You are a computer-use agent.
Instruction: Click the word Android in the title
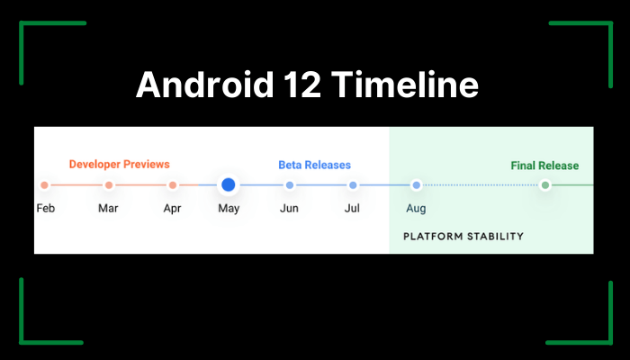205,84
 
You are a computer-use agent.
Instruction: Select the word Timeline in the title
405,84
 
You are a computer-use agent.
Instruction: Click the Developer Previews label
120,165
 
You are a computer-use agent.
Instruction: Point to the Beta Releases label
315,165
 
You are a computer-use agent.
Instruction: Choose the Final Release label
544,166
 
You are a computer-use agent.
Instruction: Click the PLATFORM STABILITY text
463,236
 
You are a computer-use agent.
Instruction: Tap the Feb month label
45,208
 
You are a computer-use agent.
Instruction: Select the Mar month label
108,208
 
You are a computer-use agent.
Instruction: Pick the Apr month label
173,209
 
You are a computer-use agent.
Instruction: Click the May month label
229,209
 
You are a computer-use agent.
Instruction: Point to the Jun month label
289,208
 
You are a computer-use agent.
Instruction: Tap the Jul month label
352,208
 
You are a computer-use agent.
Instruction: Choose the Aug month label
416,209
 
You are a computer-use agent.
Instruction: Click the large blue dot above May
229,184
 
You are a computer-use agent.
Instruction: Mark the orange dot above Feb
45,185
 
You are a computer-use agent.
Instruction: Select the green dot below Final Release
545,185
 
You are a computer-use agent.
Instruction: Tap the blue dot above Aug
417,185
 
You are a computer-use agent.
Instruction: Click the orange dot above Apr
173,185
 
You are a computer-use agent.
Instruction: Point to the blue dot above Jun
290,185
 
